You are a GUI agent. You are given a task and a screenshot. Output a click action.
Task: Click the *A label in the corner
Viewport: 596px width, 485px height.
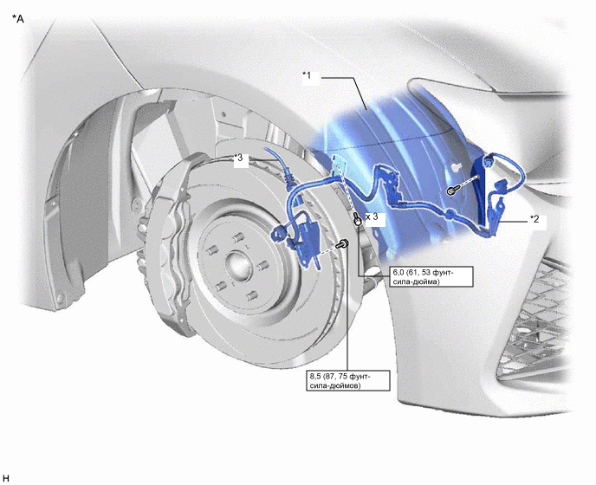(18, 18)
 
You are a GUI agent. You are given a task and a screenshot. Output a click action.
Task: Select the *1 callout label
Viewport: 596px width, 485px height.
(307, 75)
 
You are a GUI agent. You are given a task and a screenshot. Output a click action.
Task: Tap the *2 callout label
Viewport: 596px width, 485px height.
(534, 219)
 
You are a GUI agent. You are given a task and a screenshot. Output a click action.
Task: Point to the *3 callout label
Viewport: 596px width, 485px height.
(238, 158)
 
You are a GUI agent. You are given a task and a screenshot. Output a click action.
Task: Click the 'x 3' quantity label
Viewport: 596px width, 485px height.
(372, 217)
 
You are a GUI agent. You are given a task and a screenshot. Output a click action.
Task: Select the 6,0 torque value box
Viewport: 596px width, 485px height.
(431, 276)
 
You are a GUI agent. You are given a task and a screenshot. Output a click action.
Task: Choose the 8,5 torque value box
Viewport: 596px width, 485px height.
(348, 380)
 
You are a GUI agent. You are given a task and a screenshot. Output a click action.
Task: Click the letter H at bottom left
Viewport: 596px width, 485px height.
(5, 478)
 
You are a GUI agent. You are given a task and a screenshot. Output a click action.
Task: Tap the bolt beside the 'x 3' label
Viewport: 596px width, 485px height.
(357, 219)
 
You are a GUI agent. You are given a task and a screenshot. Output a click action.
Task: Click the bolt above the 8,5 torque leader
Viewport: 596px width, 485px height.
(343, 243)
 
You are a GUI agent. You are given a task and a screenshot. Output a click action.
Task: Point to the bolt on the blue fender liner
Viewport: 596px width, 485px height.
(452, 191)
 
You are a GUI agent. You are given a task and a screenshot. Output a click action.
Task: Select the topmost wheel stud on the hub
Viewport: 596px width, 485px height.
(237, 238)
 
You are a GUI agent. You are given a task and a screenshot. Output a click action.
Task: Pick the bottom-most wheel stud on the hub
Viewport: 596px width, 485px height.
(249, 296)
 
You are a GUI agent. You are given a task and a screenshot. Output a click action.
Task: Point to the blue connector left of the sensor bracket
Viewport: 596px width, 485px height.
(277, 233)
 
